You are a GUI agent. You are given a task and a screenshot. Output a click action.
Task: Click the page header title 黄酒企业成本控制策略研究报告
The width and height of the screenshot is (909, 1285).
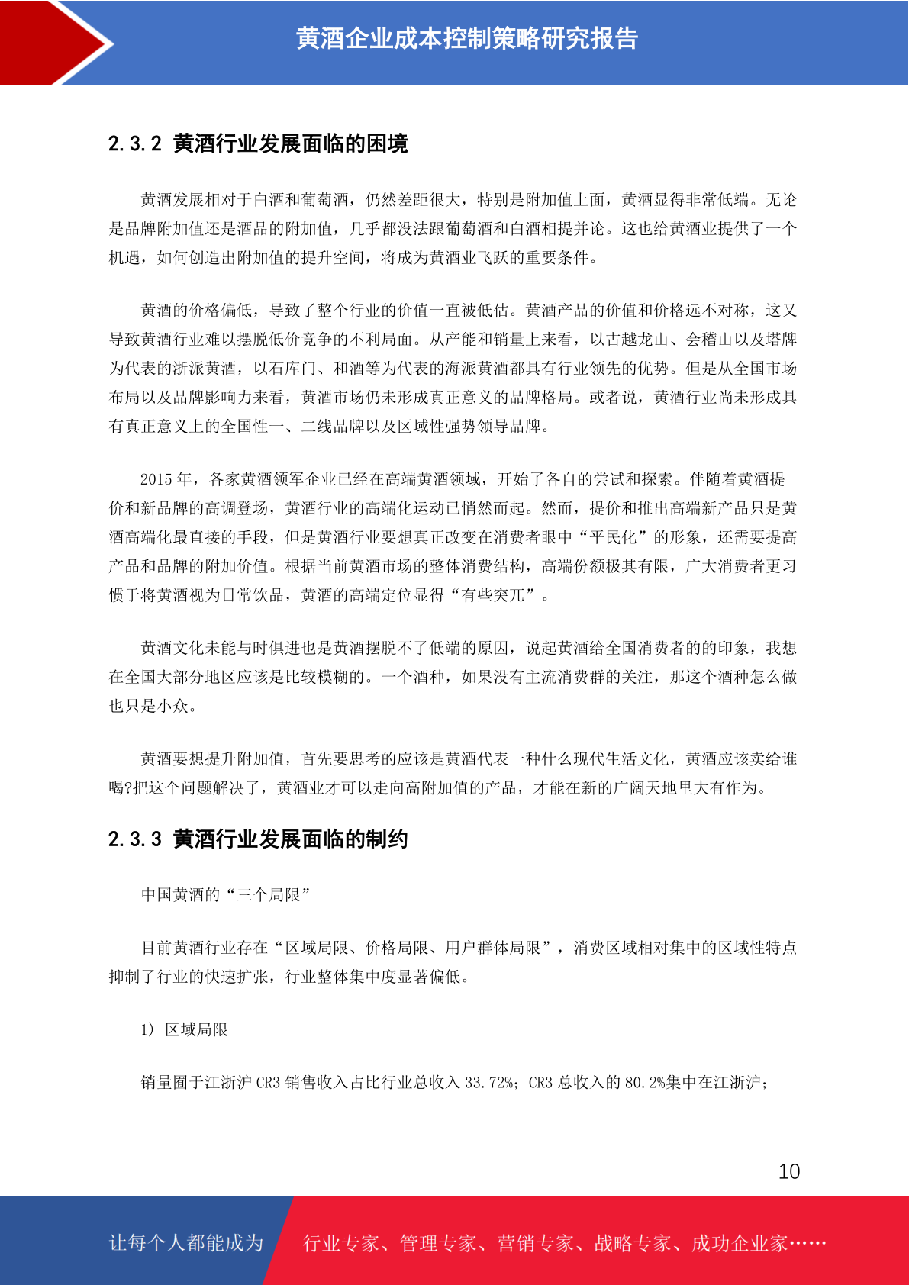[x=466, y=38]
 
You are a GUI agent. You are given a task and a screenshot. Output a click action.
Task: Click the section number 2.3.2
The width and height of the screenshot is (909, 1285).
[x=135, y=143]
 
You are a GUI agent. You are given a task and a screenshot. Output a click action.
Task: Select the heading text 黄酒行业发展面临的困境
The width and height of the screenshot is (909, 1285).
[x=291, y=143]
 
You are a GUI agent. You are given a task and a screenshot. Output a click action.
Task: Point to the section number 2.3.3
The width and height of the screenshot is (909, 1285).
[x=135, y=839]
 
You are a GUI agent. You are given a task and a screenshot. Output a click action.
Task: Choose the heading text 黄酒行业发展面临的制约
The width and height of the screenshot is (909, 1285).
[x=291, y=839]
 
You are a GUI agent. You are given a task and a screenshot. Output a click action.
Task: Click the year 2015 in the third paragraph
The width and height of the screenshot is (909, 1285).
[x=156, y=479]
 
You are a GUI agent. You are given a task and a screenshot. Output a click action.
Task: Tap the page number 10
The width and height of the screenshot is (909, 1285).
[x=788, y=1172]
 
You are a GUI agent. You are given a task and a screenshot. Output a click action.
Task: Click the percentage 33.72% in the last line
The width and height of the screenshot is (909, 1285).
[x=488, y=1083]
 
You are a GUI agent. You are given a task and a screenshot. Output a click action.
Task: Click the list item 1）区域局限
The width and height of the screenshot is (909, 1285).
[x=185, y=1030]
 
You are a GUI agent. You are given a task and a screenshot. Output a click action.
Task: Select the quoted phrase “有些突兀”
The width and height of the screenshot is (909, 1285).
[x=493, y=595]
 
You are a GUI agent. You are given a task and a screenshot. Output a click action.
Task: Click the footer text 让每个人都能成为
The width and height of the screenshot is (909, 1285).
[x=186, y=1243]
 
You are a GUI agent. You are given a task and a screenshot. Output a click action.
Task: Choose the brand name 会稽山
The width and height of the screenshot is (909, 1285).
[x=710, y=340]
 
